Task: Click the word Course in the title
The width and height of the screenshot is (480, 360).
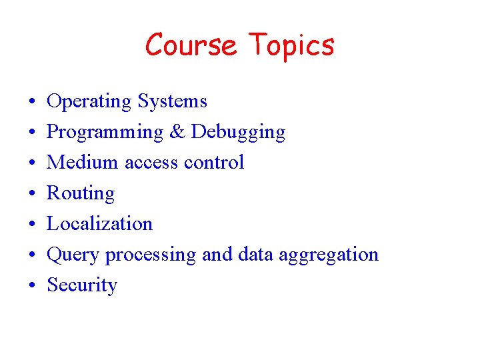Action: tap(191, 45)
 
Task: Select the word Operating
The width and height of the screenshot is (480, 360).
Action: tap(89, 102)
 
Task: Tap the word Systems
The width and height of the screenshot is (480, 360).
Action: tap(172, 102)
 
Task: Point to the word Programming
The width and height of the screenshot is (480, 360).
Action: tap(105, 133)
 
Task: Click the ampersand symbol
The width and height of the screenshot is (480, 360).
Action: tap(177, 132)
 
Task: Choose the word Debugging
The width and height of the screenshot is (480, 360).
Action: tap(238, 133)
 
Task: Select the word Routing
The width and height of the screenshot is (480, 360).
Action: tap(81, 194)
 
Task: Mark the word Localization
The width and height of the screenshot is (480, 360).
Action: tap(99, 223)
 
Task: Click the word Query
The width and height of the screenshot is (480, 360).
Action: tap(74, 255)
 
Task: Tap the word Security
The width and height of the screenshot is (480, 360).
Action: tap(82, 285)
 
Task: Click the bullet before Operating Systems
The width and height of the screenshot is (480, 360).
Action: tap(32, 102)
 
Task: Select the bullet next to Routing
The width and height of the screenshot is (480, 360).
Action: tap(32, 194)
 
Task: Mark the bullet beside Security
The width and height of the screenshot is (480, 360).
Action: tap(32, 286)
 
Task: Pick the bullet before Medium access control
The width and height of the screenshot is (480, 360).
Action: tap(32, 163)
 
